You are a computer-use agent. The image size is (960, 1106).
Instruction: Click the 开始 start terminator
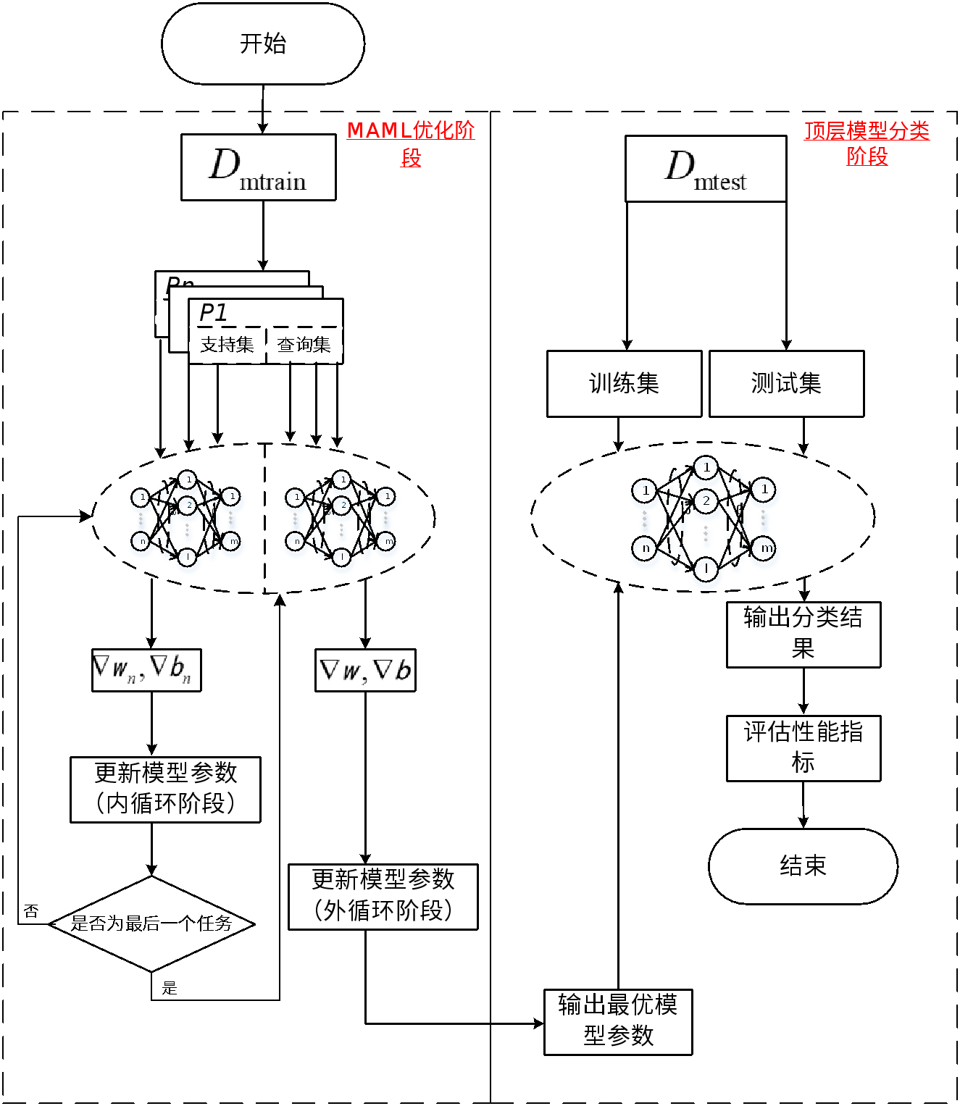(x=262, y=43)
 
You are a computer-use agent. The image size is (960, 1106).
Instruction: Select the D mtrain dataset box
(x=258, y=167)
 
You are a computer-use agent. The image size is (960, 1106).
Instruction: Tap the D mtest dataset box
(x=705, y=169)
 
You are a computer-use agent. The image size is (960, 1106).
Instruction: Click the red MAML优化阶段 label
(x=411, y=143)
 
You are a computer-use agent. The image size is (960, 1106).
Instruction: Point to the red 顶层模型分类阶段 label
(x=867, y=143)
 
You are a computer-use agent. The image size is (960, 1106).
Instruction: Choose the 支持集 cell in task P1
(x=227, y=345)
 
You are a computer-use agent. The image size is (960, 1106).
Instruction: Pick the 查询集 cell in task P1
(x=304, y=345)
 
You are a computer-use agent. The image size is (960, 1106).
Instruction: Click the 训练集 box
(x=624, y=384)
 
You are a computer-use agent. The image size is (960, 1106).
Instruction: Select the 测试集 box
(x=786, y=384)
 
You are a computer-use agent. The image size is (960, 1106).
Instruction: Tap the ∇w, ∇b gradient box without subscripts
(x=365, y=670)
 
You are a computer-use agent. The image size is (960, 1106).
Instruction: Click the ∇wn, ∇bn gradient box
(x=146, y=670)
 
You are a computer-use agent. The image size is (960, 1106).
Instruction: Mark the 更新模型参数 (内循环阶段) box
(x=165, y=789)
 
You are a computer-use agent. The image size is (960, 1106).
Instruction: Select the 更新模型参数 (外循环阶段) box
(x=383, y=896)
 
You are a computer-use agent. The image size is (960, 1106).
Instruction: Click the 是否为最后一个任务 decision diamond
(x=152, y=923)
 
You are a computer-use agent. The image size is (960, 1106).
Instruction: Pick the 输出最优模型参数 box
(x=618, y=1021)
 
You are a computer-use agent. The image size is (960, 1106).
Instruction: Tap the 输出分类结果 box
(x=803, y=634)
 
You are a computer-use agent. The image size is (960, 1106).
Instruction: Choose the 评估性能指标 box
(x=803, y=747)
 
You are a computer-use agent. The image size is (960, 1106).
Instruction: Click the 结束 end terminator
(x=803, y=866)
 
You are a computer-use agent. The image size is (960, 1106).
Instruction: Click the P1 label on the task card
(x=213, y=313)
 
